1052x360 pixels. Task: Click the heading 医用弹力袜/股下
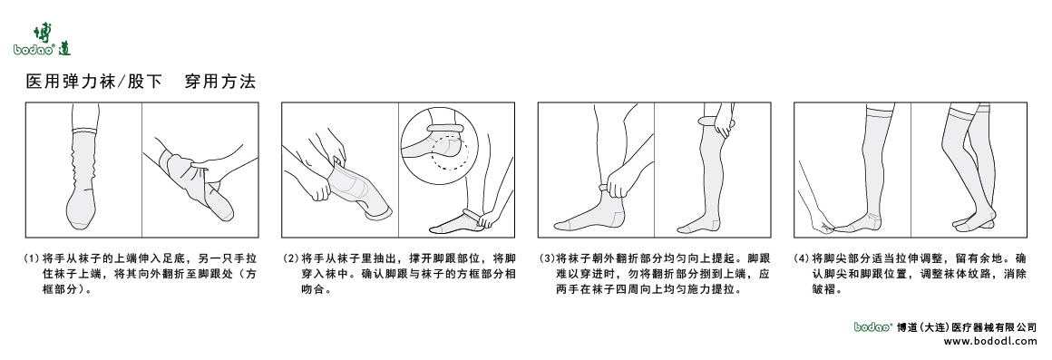point(94,83)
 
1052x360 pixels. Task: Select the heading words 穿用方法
point(220,83)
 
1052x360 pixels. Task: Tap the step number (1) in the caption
point(32,258)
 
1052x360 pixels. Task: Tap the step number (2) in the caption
point(290,258)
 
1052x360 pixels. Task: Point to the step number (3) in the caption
point(547,258)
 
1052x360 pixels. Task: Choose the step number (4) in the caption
point(802,258)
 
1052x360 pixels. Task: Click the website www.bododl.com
point(990,342)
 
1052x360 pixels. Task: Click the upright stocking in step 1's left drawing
point(83,172)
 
